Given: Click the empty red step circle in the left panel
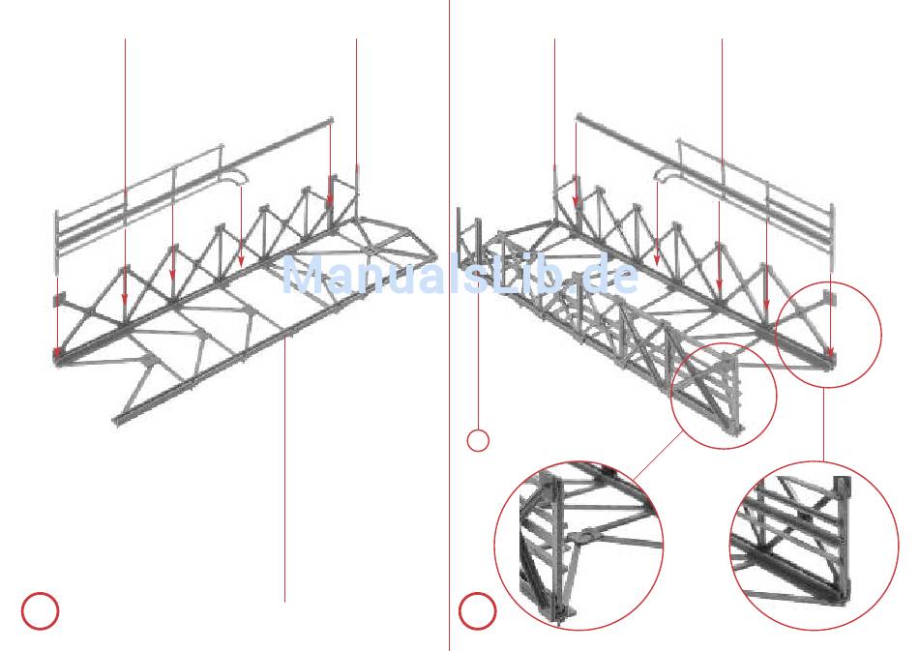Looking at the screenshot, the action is (x=40, y=610).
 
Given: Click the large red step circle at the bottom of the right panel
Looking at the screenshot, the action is (x=477, y=610).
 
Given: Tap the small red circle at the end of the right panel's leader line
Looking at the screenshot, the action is (x=478, y=440).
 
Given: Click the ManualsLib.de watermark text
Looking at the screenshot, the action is (x=459, y=276).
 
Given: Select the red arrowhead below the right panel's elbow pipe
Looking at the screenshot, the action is (x=658, y=261).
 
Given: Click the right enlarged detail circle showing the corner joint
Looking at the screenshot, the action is (x=814, y=546).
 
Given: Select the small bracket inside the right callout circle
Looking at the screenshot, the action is (x=824, y=299).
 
